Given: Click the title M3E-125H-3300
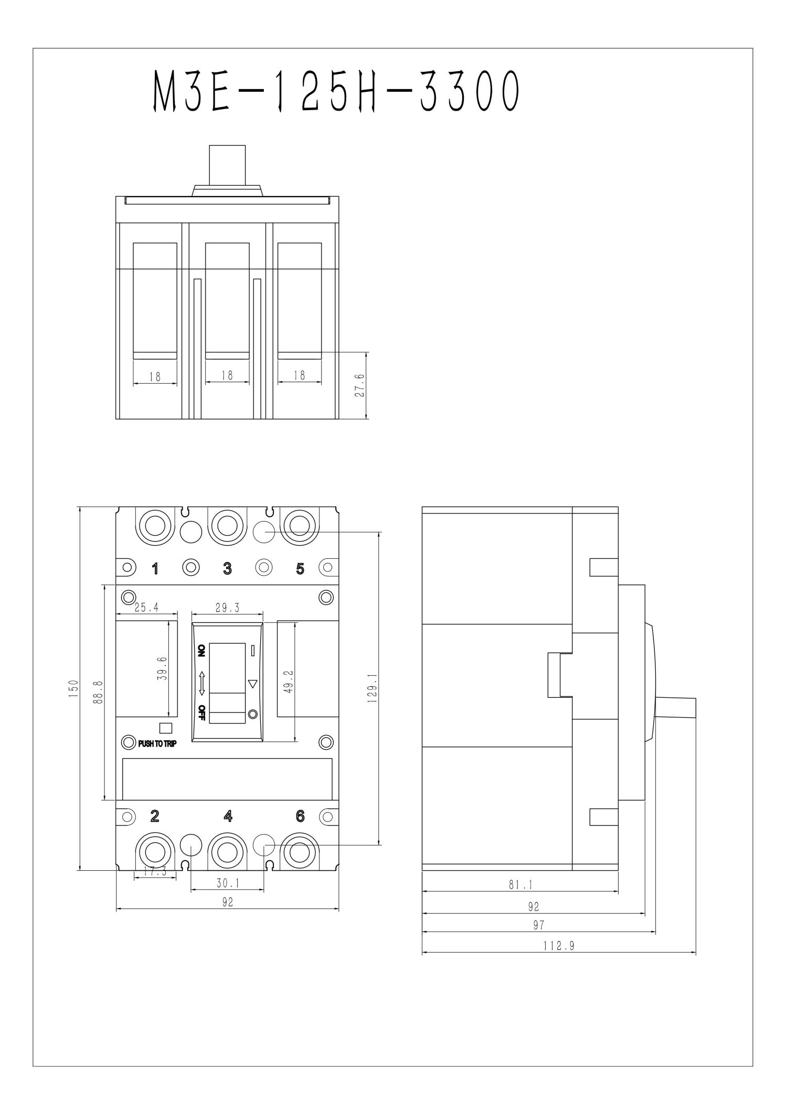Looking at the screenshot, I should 337,92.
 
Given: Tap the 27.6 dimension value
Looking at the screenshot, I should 360,385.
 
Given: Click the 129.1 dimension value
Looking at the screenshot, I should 373,688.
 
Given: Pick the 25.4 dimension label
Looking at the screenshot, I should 146,608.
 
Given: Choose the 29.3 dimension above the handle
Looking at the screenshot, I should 227,608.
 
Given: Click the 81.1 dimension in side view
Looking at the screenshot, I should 520,884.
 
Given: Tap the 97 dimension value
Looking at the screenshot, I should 539,925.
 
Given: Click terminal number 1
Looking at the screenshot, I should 155,568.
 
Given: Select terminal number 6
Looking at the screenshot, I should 300,816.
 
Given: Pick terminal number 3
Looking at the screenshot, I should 227,568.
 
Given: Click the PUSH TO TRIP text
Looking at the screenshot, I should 157,743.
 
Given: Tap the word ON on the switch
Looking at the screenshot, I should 201,651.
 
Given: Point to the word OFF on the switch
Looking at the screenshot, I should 201,714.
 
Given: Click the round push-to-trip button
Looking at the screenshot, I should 127,742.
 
